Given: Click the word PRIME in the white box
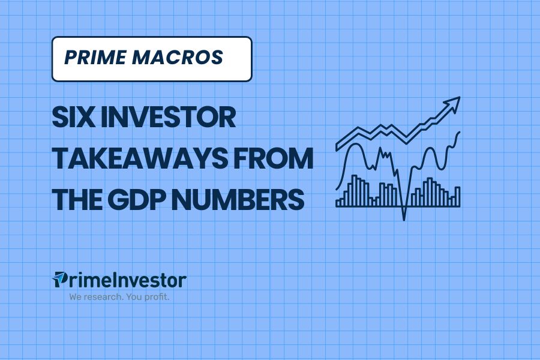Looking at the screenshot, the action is [x=95, y=58].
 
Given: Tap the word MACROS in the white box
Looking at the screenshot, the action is [x=178, y=58].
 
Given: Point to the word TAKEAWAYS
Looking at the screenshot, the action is [x=139, y=158].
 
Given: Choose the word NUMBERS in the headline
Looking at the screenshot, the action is [x=238, y=199].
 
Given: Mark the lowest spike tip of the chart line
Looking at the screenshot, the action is [x=404, y=220].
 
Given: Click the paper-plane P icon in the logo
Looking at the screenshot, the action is [x=59, y=280].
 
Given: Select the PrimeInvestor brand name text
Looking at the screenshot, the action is [x=119, y=280].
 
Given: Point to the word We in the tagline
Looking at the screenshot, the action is [x=75, y=296].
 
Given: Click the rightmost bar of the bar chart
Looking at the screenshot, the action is [x=457, y=197].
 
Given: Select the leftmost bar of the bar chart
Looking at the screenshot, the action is [x=338, y=204].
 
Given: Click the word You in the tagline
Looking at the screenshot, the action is [x=133, y=296].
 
